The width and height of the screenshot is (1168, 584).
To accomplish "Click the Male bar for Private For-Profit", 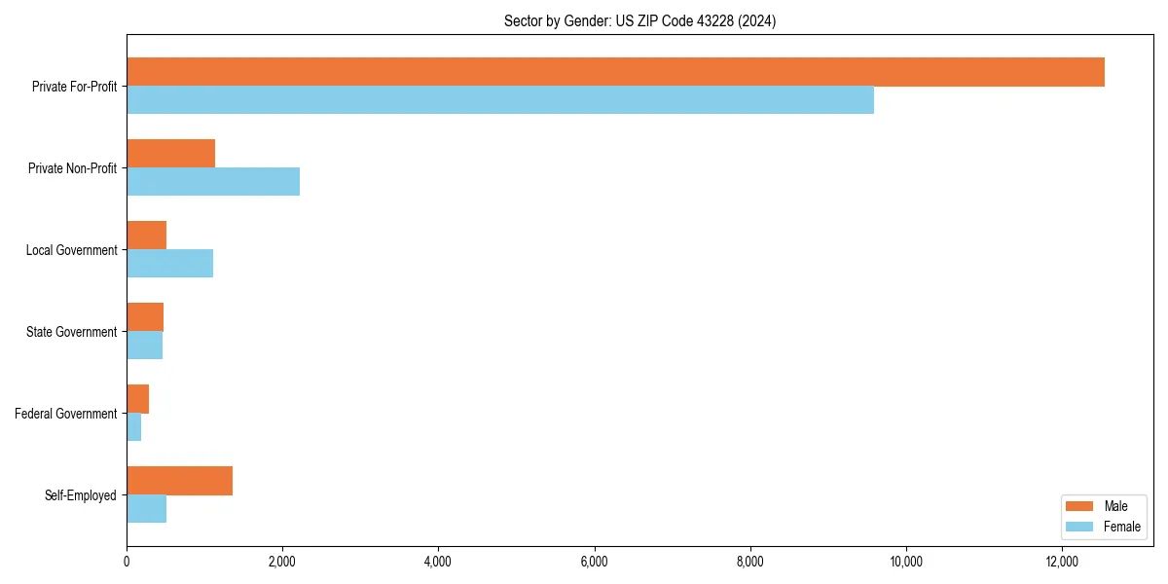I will point(615,72).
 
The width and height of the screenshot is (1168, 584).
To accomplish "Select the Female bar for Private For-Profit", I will point(500,99).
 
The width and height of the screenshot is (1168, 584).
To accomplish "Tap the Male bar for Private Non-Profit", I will point(170,154).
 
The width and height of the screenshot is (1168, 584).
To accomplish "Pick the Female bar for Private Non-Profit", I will point(213,181).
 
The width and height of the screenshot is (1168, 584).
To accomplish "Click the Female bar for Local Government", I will point(169,263).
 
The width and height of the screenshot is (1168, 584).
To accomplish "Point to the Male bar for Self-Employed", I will point(179,481).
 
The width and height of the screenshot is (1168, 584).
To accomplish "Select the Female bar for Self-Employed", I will point(146,508).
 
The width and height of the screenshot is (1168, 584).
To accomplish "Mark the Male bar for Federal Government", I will point(137,399).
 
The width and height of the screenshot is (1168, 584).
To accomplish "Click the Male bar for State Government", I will point(145,317).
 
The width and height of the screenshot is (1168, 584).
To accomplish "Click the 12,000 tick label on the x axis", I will point(1062,562).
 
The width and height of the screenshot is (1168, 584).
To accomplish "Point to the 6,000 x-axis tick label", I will point(594,562).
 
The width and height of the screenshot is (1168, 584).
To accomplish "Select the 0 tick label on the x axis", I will point(127,562).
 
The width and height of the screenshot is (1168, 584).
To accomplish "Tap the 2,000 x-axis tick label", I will point(282,562).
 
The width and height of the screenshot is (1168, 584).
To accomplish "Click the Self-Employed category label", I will point(81,495).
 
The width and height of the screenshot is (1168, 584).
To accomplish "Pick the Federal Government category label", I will point(66,414).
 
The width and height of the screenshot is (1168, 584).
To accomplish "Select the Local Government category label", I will point(71,250).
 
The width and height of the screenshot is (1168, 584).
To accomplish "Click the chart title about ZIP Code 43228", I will point(639,20).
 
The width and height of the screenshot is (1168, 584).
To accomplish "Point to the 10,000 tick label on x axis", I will point(906,562).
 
